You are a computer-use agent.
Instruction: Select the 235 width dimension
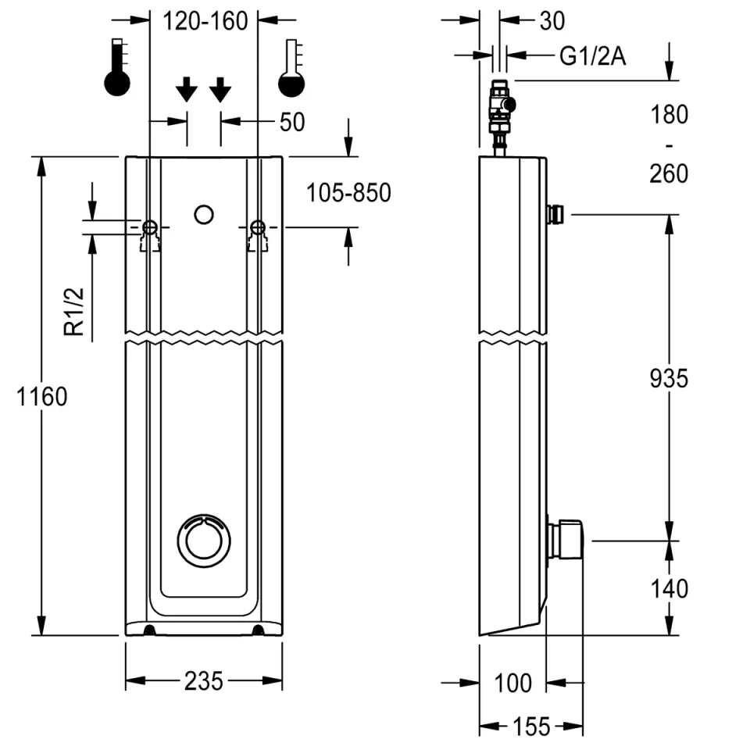tap(204, 681)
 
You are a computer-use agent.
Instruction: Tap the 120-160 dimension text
tap(205, 21)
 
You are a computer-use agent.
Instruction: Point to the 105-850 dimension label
tap(348, 192)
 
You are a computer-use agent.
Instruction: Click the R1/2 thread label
tap(74, 310)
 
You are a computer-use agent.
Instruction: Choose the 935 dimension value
tap(669, 379)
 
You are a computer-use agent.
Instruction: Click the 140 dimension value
tap(669, 587)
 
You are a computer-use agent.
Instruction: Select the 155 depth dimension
tap(533, 727)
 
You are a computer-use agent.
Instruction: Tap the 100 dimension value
tap(512, 683)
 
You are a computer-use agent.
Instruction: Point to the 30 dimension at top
tap(552, 21)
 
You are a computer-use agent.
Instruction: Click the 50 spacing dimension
tap(291, 122)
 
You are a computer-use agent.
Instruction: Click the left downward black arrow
tap(186, 90)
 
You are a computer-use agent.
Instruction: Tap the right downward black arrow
tap(220, 90)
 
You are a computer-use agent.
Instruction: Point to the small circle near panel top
tap(204, 213)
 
